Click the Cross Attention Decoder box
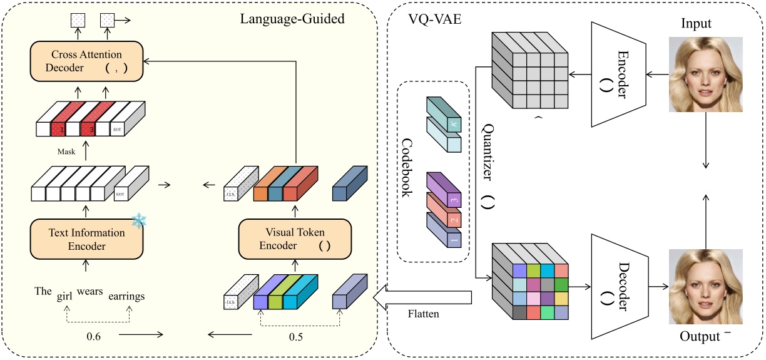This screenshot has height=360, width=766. [x=87, y=61]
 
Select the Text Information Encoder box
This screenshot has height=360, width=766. [x=87, y=239]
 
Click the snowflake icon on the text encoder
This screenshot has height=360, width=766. [x=138, y=221]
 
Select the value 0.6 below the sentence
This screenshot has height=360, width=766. [x=94, y=336]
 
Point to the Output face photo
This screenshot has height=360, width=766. [x=706, y=285]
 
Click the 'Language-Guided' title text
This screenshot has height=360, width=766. [x=292, y=19]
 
